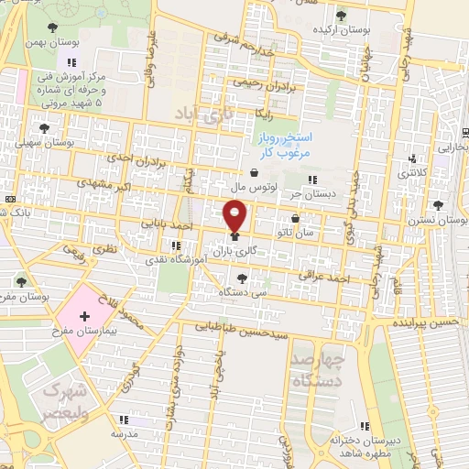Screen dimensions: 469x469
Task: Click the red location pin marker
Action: point(235,216)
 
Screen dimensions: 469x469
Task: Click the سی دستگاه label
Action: point(236,291)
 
